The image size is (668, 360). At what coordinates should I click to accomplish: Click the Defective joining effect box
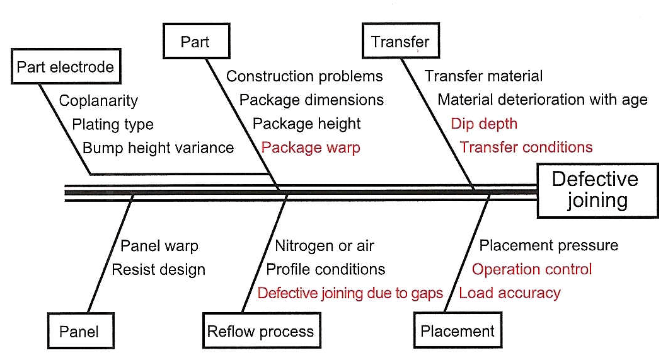[x=595, y=190]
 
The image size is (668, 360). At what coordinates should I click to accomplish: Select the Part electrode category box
[x=65, y=67]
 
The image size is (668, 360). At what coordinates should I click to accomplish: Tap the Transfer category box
[x=400, y=42]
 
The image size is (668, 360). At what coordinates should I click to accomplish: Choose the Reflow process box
[x=260, y=331]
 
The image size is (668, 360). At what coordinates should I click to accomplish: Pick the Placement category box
[x=458, y=331]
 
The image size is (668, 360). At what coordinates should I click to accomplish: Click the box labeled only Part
[x=195, y=42]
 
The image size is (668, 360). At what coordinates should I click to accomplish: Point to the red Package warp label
[x=311, y=148]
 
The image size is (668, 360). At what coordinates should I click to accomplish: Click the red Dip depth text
[x=483, y=124]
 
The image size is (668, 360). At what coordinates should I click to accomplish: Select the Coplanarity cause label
[x=98, y=100]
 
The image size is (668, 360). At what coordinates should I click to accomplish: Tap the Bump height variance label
[x=158, y=148]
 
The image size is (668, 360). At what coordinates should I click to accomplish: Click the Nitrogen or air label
[x=325, y=245]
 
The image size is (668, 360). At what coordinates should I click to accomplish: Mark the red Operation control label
[x=532, y=269]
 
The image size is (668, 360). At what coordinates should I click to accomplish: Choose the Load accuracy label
[x=510, y=293]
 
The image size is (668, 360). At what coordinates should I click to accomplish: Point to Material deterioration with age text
[x=542, y=100]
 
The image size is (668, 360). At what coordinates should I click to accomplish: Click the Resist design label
[x=158, y=269]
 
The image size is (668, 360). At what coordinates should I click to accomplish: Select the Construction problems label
[x=304, y=76]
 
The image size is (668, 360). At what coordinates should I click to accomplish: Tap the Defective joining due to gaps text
[x=350, y=293]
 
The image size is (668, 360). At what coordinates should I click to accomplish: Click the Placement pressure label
[x=549, y=245]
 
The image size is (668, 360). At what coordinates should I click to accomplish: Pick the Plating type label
[x=113, y=124]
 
